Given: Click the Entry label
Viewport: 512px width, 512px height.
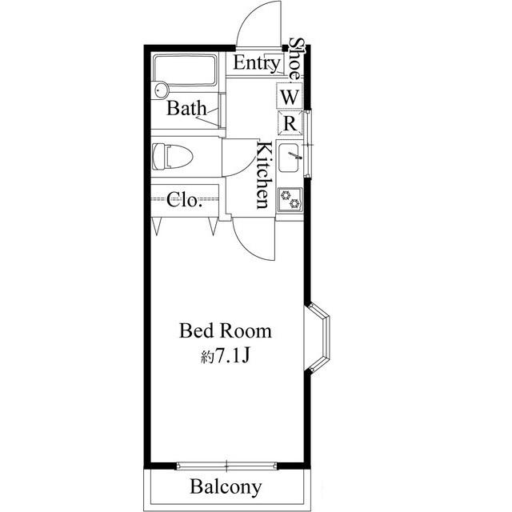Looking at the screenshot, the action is pyautogui.click(x=256, y=63).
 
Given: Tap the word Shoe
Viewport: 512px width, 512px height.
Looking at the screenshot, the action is pyautogui.click(x=297, y=58).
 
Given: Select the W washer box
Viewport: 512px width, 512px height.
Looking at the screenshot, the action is pyautogui.click(x=290, y=96).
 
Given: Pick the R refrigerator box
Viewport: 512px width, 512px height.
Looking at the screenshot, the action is pyautogui.click(x=290, y=123).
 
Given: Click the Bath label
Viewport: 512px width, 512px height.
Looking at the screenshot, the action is pyautogui.click(x=186, y=108).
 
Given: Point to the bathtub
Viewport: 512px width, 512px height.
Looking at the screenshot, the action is pyautogui.click(x=185, y=70).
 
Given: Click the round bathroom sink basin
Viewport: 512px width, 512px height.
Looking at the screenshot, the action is pyautogui.click(x=161, y=90).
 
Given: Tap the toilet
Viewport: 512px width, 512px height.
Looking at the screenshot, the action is pyautogui.click(x=173, y=156).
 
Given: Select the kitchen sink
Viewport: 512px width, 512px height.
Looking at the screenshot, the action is pyautogui.click(x=289, y=158).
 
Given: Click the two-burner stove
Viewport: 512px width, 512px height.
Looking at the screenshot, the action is pyautogui.click(x=290, y=199).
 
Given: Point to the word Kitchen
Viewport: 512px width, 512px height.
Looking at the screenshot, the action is pyautogui.click(x=264, y=174).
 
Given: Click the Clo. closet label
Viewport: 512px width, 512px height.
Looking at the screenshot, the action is pyautogui.click(x=183, y=200).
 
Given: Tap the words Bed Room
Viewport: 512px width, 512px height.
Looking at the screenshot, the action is pyautogui.click(x=226, y=330).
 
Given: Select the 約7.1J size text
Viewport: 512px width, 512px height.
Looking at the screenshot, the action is pyautogui.click(x=226, y=357).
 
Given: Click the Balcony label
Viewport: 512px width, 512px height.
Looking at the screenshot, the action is pyautogui.click(x=226, y=487).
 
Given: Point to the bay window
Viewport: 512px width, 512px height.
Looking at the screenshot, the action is pyautogui.click(x=318, y=338).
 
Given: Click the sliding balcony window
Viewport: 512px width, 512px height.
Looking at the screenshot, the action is pyautogui.click(x=226, y=466).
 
